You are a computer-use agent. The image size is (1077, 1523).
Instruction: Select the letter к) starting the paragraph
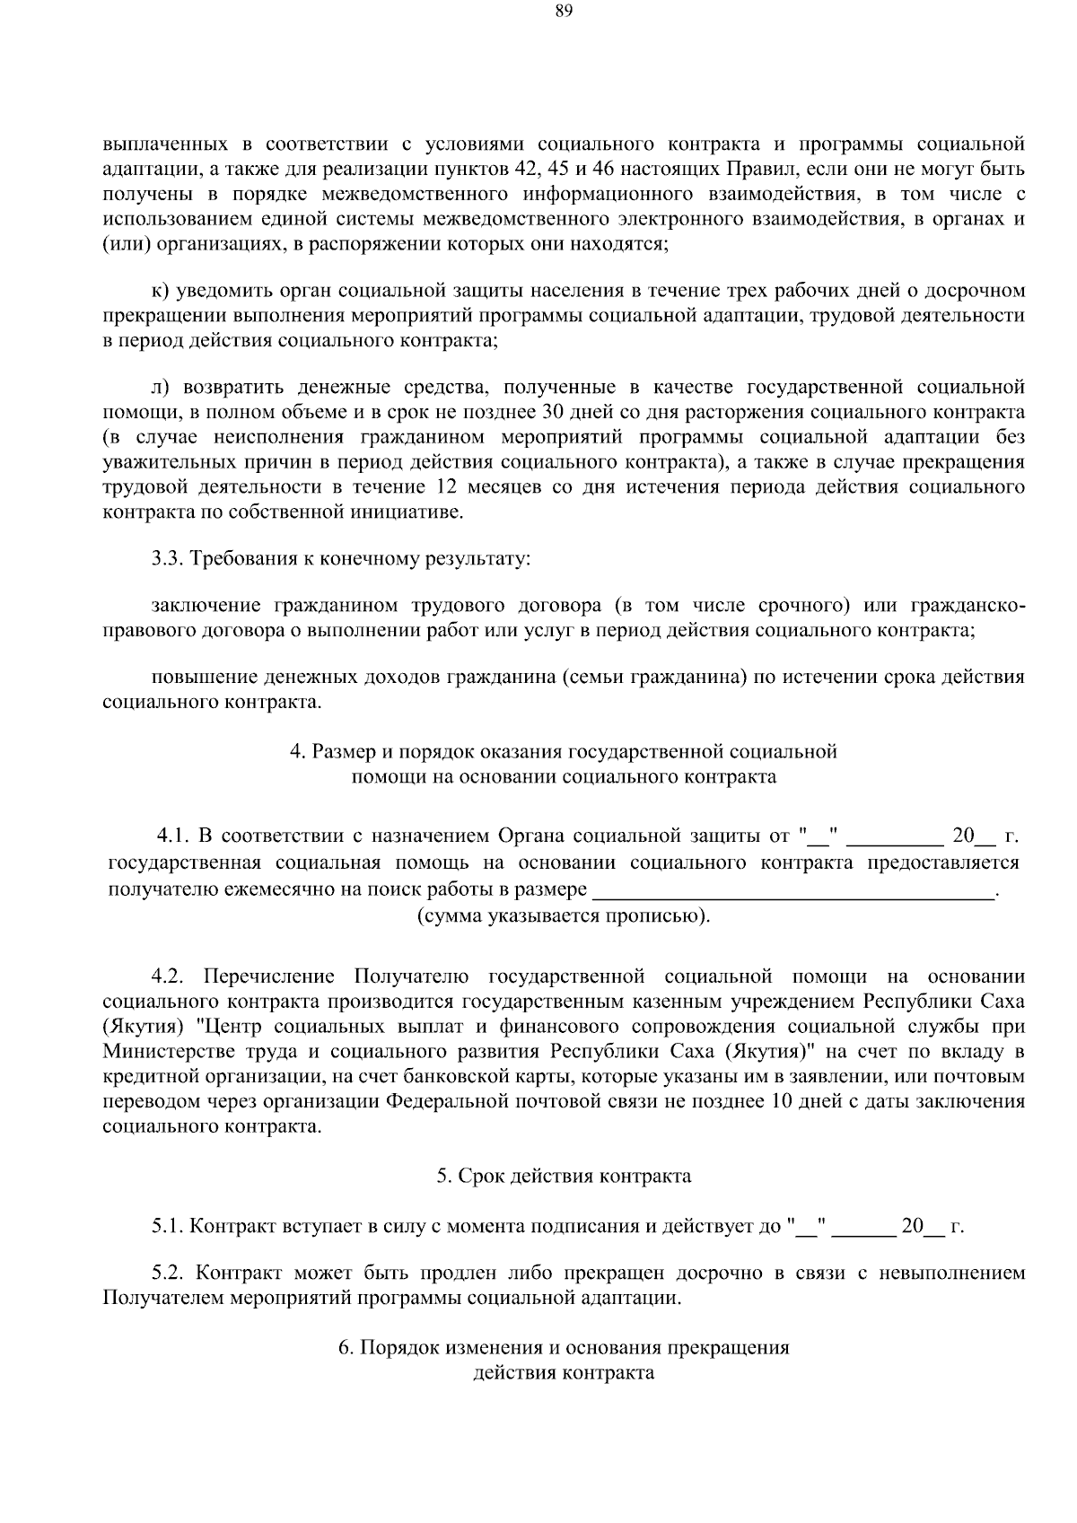coord(160,291)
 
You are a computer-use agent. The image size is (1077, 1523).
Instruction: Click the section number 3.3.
coord(166,559)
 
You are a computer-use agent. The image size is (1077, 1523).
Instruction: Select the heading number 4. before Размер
coord(297,751)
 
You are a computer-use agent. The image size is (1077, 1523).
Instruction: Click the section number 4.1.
coord(172,837)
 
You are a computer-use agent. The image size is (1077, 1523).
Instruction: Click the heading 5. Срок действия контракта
coord(564,1176)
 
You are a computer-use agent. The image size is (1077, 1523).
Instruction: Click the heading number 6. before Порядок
coord(346,1348)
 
